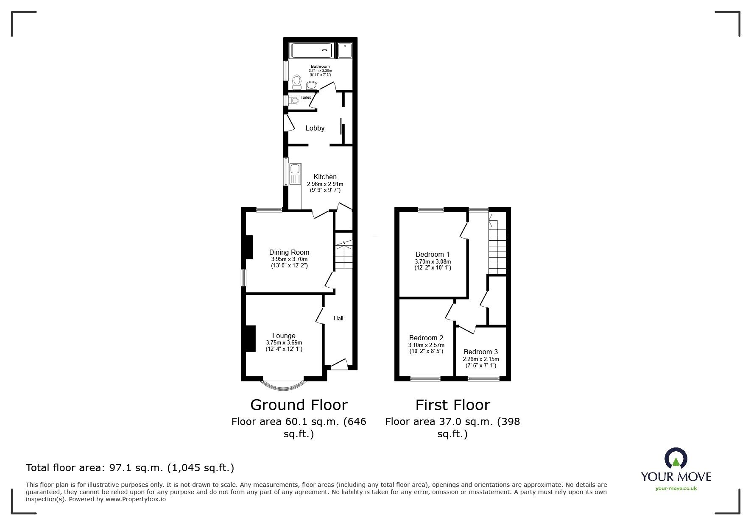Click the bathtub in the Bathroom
pos(312,50)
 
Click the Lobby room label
pos(315,128)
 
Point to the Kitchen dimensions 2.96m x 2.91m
pos(325,184)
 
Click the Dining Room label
pos(289,252)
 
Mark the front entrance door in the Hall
pos(339,365)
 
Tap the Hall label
pos(338,318)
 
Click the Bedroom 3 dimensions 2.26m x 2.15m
pos(480,359)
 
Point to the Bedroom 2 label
pos(426,338)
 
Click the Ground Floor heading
pos(299,405)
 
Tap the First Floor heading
pos(452,405)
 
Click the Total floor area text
pos(130,468)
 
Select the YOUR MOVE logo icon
pos(676,458)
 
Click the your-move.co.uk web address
pos(676,489)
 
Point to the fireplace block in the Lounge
pos(250,339)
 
